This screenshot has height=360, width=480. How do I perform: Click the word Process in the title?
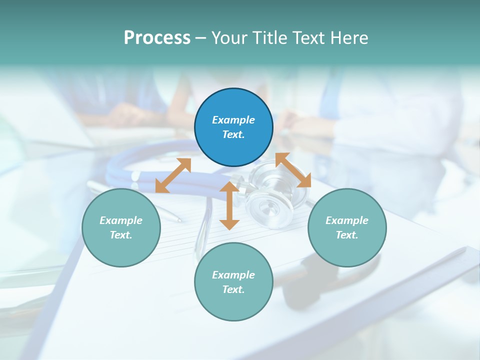click(157, 38)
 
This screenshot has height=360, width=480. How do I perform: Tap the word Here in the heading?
click(348, 38)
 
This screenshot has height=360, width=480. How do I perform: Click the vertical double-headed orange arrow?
click(229, 205)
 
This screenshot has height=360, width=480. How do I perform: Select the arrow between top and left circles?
click(173, 175)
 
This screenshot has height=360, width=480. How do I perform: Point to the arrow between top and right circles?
click(293, 170)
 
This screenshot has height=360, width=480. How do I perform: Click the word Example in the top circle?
click(233, 120)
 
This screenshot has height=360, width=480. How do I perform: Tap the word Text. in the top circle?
click(233, 134)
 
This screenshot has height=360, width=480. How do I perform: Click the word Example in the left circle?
click(121, 220)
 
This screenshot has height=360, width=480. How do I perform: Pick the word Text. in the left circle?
click(121, 235)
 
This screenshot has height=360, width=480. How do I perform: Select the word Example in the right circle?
click(347, 220)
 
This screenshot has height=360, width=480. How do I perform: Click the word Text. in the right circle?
click(347, 235)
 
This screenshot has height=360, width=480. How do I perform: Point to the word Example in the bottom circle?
click(233, 275)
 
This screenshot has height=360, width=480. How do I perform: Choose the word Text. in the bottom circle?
click(233, 289)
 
